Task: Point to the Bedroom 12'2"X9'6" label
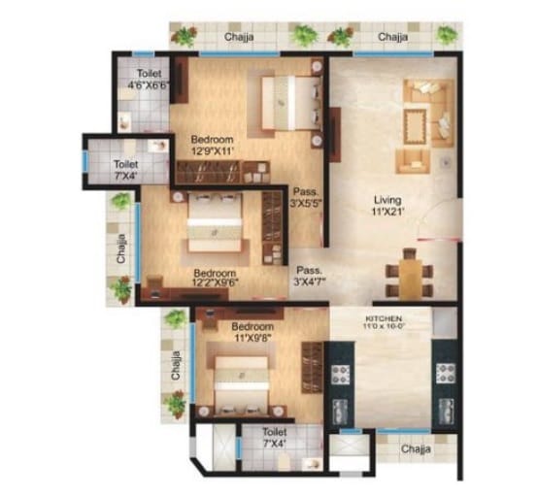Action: (215, 278)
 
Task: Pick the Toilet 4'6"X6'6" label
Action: (149, 79)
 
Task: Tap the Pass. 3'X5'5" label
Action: (308, 199)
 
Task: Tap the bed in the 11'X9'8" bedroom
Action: (242, 371)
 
